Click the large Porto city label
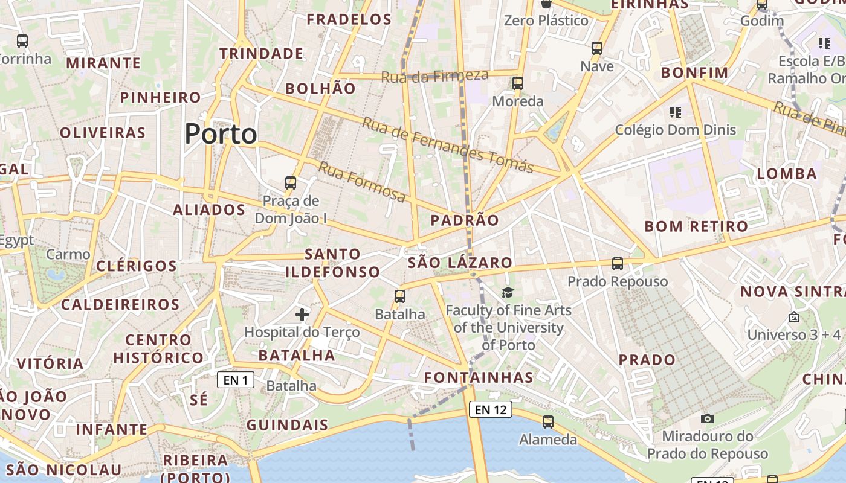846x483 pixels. point(221,133)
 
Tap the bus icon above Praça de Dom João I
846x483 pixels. point(291,183)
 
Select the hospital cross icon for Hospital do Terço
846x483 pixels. point(302,314)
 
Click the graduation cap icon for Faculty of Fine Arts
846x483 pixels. point(508,293)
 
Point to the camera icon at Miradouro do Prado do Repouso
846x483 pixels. point(707,418)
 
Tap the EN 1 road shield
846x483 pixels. point(236,380)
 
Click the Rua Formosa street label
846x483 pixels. point(362,182)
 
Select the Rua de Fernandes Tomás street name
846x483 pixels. point(448,144)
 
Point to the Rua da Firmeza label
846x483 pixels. point(434,75)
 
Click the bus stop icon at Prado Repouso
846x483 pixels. point(617,264)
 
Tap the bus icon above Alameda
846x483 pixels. point(548,422)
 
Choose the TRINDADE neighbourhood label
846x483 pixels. point(261,53)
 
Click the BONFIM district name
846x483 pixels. point(695,73)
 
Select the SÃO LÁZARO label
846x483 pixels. point(460,263)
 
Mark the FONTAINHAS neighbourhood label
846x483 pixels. point(479,377)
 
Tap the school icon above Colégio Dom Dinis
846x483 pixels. point(676,112)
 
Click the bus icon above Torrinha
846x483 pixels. point(22,41)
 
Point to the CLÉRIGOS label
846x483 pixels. point(137,266)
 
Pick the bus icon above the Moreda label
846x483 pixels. point(517,83)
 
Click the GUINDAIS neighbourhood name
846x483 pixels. point(287,424)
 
